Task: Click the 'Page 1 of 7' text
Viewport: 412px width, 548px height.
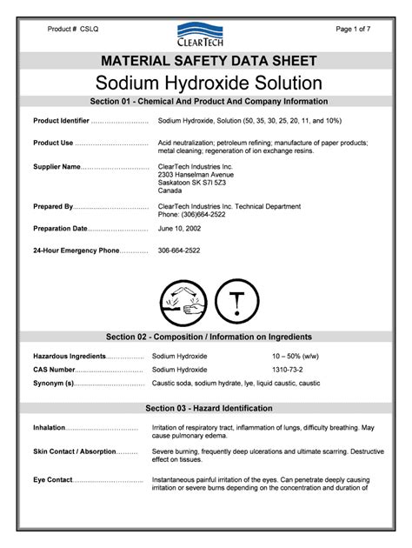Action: click(354, 29)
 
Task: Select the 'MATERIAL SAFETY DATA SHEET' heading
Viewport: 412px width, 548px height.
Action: click(209, 61)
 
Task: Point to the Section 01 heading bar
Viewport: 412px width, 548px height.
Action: click(209, 101)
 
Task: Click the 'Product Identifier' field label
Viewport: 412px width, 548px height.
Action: click(61, 120)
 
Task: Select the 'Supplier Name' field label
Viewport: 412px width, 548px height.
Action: click(56, 165)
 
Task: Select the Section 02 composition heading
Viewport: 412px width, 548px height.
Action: click(209, 337)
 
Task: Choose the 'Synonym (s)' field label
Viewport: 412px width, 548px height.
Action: click(53, 384)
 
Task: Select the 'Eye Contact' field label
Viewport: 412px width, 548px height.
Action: click(53, 480)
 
